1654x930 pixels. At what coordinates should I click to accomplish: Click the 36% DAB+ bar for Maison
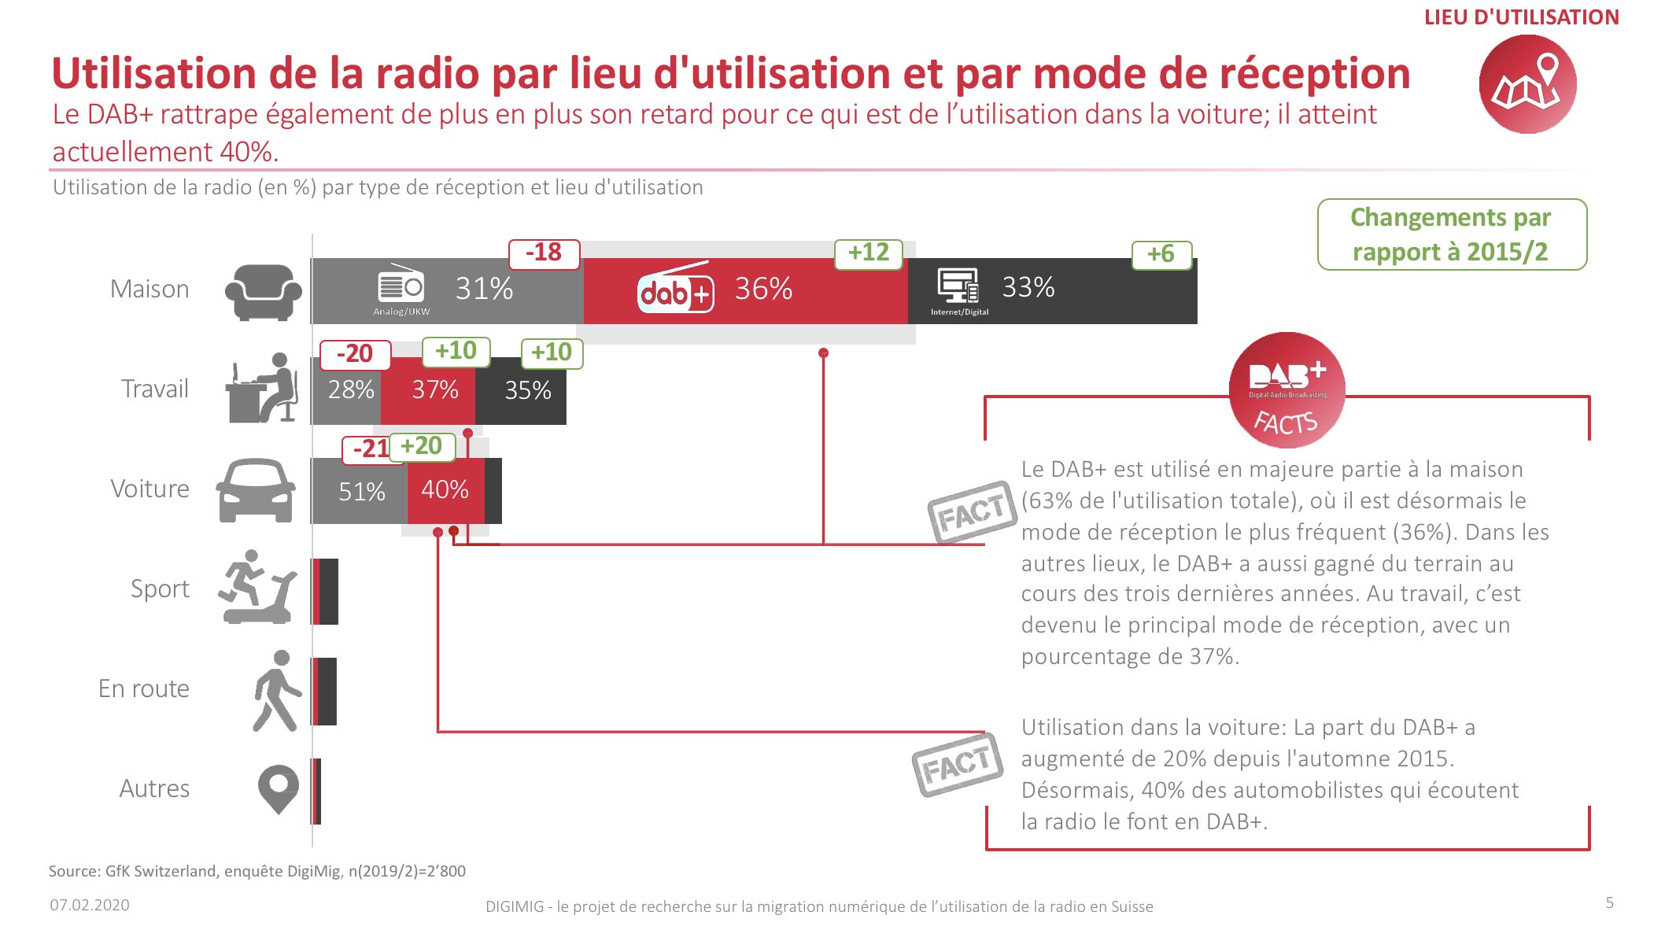[x=745, y=290]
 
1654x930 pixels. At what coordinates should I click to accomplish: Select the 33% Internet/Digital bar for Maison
[x=1052, y=290]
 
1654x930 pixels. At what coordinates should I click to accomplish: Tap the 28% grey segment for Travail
[x=347, y=390]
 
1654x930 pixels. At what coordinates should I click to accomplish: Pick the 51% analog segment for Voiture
[x=360, y=491]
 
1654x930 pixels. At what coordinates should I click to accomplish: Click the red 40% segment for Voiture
[x=445, y=490]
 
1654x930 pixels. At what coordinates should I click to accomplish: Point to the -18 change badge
[x=544, y=253]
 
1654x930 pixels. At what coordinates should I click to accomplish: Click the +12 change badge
[x=868, y=253]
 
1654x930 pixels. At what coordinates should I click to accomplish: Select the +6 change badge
[x=1161, y=255]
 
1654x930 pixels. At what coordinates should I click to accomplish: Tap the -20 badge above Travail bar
[x=355, y=354]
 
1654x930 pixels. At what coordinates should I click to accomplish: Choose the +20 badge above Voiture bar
[x=422, y=447]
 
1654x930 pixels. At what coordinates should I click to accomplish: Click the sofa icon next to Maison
[x=263, y=292]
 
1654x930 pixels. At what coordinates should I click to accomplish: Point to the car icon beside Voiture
[x=256, y=490]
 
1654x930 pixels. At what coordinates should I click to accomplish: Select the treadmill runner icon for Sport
[x=257, y=588]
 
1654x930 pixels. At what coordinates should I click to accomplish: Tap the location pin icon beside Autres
[x=279, y=788]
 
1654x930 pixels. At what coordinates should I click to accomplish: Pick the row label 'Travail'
[x=155, y=389]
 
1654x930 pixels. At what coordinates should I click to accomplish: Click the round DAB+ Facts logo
[x=1287, y=390]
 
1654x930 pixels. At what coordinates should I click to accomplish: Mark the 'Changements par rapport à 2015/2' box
[x=1452, y=234]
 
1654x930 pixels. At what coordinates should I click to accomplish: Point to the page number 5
[x=1609, y=902]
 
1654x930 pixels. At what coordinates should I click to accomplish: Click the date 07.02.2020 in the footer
[x=90, y=905]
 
